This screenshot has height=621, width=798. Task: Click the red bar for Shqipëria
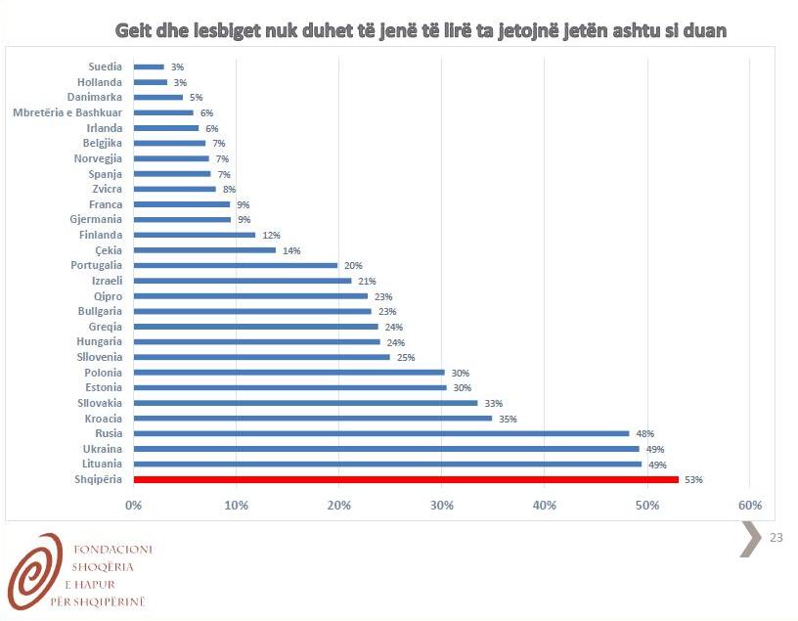406,479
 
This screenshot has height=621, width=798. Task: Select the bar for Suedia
149,67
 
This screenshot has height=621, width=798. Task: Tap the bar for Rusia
381,433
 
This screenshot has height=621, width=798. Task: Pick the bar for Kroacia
313,419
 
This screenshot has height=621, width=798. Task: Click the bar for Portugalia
236,265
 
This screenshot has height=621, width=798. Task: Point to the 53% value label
693,479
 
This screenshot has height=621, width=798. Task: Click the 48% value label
644,433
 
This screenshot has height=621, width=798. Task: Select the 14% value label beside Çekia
291,250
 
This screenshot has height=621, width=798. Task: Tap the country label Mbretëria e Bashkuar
67,112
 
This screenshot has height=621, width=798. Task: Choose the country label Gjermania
96,219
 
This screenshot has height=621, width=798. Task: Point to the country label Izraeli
107,281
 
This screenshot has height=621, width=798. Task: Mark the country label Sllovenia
100,357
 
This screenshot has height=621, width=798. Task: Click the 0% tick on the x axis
134,505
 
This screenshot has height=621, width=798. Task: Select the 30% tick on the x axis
441,505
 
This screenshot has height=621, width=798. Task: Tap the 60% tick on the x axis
749,505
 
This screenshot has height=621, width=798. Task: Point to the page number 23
777,537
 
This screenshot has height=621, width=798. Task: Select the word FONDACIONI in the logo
112,550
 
